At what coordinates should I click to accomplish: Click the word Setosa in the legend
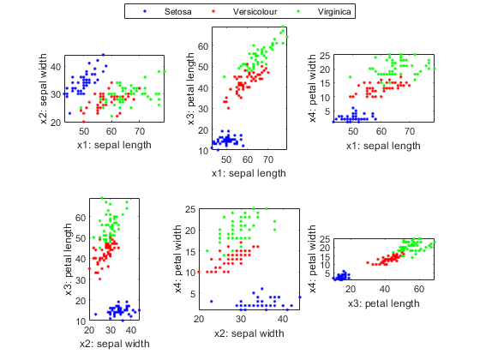178,12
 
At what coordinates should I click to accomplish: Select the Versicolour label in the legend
255,12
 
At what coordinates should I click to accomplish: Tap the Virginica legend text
334,12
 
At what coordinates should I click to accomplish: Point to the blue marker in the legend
145,11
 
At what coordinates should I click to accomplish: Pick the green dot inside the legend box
298,11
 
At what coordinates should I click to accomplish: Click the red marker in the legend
213,11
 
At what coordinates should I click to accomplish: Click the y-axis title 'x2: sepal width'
44,89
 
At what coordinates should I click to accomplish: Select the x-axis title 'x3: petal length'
384,303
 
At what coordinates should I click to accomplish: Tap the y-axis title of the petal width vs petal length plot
312,259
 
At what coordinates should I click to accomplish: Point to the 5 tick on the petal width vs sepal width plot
193,294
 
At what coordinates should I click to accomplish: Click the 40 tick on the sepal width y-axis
56,67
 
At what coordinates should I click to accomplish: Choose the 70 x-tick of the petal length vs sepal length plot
268,159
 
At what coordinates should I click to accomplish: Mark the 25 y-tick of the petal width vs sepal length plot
325,56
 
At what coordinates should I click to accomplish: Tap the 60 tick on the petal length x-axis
419,289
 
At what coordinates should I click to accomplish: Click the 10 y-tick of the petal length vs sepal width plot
81,321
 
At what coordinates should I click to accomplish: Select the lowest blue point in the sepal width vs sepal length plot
69,113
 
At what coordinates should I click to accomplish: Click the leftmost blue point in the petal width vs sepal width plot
212,302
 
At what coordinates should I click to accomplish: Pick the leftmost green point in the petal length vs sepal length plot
225,76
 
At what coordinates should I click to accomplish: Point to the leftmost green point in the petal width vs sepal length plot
351,77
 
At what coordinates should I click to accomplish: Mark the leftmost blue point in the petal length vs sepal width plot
96,315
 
